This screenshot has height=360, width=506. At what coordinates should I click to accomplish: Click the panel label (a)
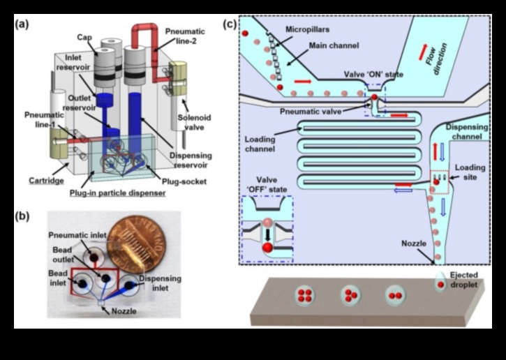[x=22, y=22]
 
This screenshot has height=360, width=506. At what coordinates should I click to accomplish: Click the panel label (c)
[x=229, y=24]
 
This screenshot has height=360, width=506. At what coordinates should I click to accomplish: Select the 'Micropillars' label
[x=304, y=30]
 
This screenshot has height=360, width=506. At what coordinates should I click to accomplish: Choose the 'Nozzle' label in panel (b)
[x=124, y=311]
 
